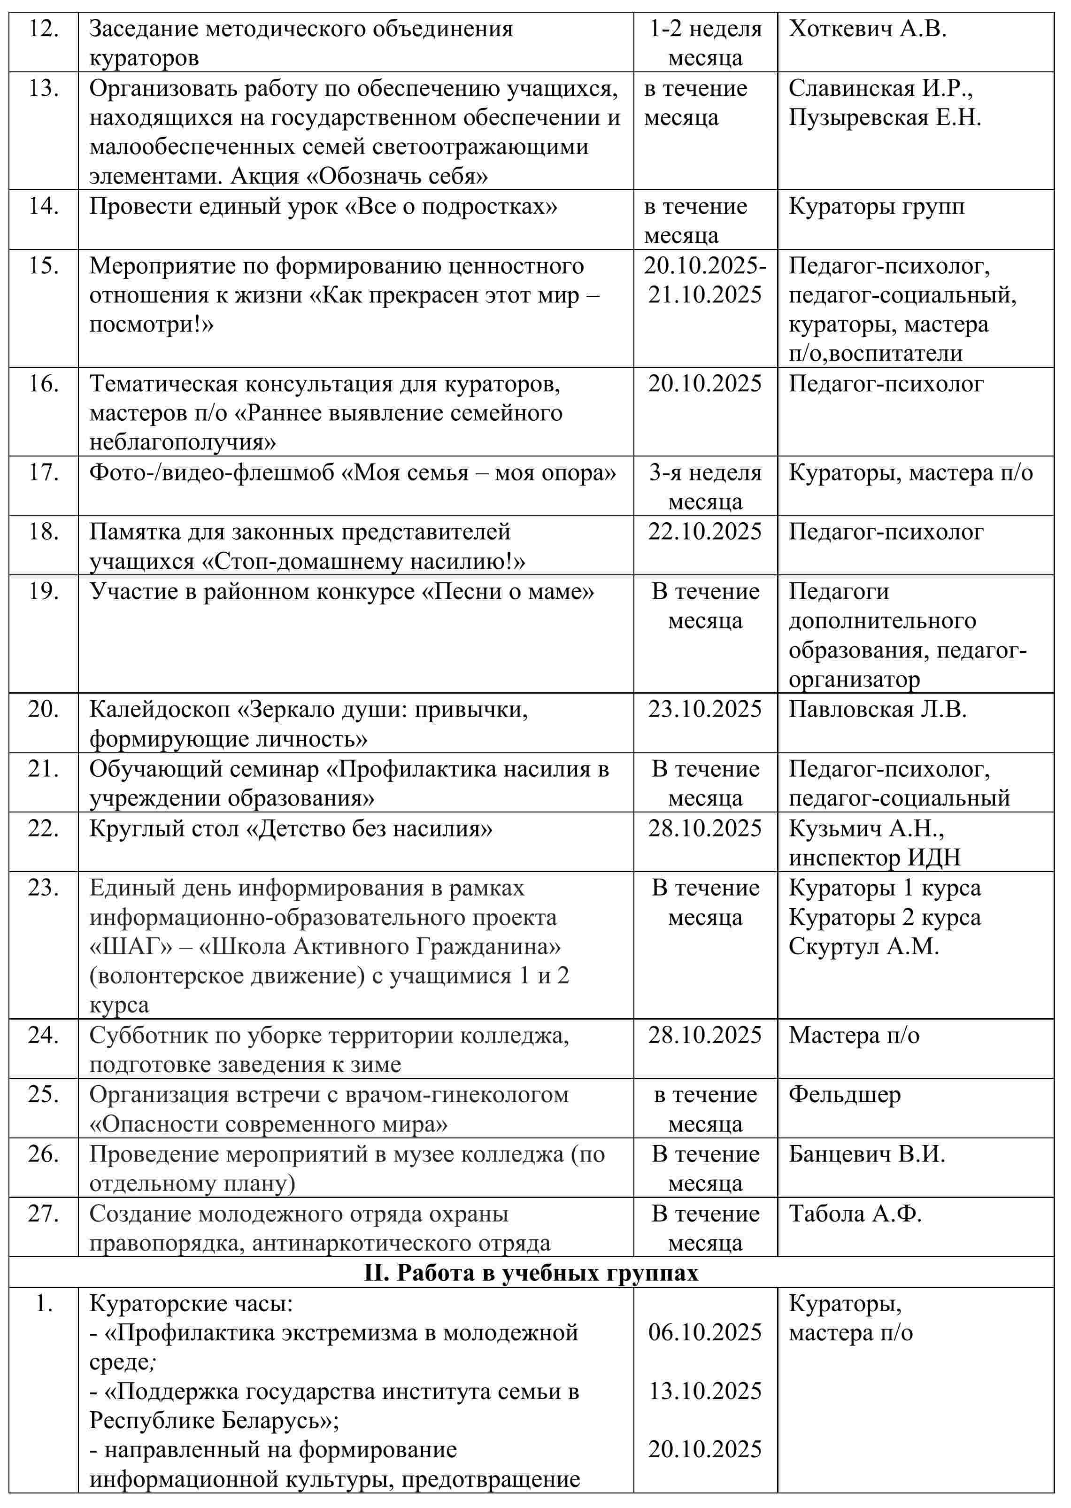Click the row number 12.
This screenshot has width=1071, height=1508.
coord(44,29)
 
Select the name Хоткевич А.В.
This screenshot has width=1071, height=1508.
coord(867,29)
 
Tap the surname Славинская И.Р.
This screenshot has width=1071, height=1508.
coord(880,88)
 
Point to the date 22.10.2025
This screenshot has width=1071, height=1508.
coord(704,532)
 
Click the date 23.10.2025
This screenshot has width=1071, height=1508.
coord(704,709)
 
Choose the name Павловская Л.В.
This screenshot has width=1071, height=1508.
coord(877,709)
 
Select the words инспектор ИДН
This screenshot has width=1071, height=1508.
coord(874,858)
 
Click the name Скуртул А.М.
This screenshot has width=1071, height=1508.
coord(863,947)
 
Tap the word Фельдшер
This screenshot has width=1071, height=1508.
coord(844,1095)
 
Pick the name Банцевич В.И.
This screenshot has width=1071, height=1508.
coord(867,1154)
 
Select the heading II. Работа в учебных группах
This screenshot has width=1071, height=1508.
coord(531,1273)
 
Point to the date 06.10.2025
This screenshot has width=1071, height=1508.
coord(704,1332)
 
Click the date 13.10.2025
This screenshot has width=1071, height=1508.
coord(704,1391)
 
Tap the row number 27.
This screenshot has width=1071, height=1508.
coord(44,1214)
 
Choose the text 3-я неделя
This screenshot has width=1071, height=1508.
coord(704,473)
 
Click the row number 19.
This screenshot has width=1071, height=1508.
coord(44,591)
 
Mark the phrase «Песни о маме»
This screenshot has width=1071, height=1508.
coord(508,592)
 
